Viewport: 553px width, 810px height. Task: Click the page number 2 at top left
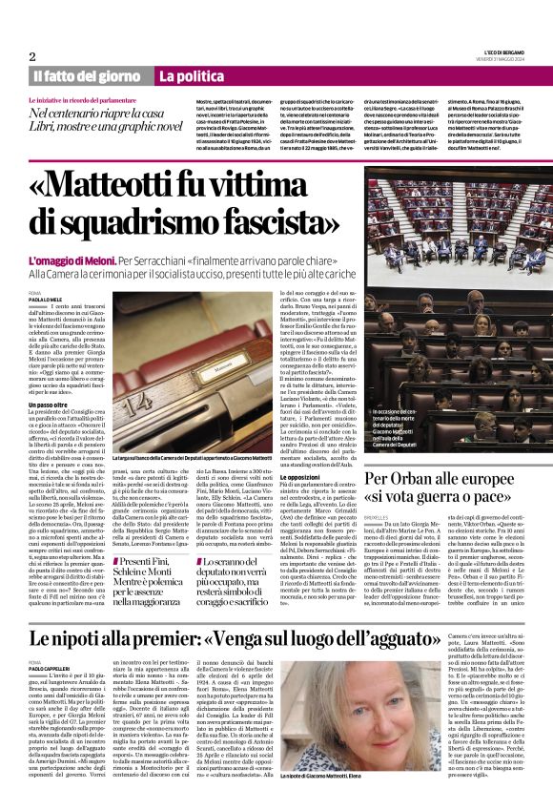31,56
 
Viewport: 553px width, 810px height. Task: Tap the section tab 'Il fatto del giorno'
86,76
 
